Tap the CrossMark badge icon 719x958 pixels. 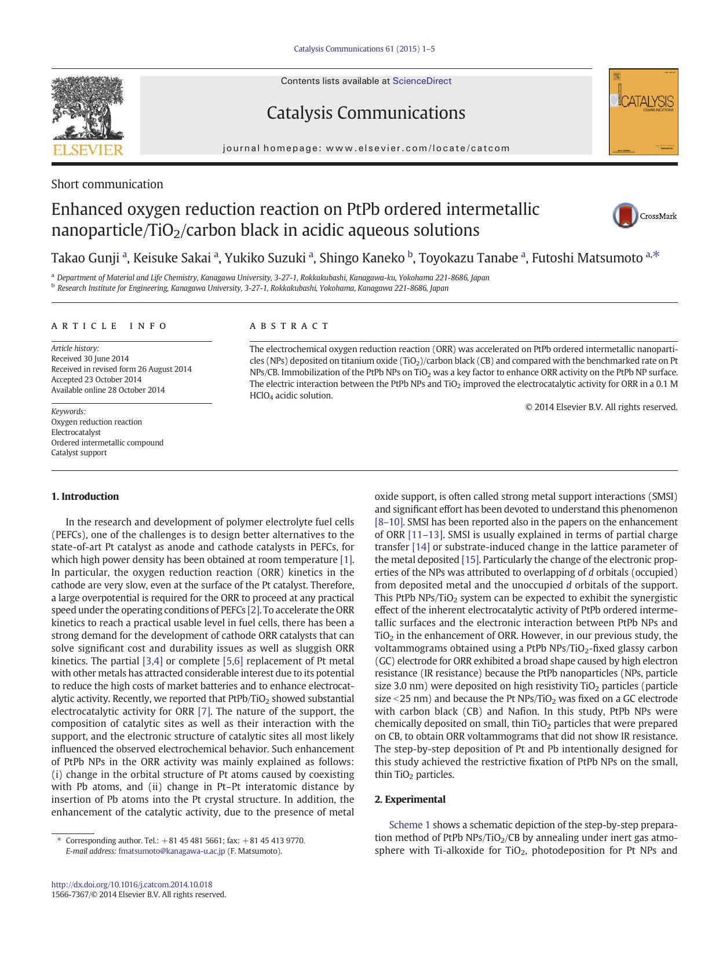626,215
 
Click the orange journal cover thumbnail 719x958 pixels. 643,112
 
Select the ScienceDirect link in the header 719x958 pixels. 422,81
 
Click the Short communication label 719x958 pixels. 107,184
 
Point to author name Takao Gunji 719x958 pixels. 85,258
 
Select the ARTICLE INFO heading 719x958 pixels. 109,326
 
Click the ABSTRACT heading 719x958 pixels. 289,326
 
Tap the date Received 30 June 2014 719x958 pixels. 90,359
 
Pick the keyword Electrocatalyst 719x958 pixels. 76,432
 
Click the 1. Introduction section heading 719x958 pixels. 85,496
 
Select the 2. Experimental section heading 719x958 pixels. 410,799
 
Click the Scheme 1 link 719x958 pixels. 409,825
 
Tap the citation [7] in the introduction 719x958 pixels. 204,711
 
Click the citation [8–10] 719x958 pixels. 388,522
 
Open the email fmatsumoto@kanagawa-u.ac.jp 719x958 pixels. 171,851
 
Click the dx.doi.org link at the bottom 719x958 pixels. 132,884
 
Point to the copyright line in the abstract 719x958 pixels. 601,407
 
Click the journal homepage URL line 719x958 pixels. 366,148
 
